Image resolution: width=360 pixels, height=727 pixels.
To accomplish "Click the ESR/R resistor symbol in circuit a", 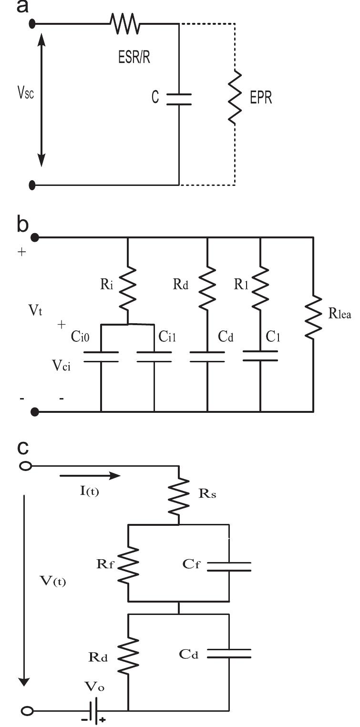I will coord(124,23).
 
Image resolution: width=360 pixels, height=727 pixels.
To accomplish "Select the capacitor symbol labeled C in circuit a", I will coord(179,99).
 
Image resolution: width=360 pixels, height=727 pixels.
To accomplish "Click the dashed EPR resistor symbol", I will coord(234,99).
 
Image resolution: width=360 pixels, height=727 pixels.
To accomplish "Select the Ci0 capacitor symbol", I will coord(101,357).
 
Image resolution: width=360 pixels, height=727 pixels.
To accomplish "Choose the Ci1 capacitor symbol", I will coord(154,357).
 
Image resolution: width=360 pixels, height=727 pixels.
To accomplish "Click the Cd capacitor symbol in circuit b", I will coord(207,357).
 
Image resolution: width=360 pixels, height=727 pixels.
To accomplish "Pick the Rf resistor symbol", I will coord(129,566).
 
